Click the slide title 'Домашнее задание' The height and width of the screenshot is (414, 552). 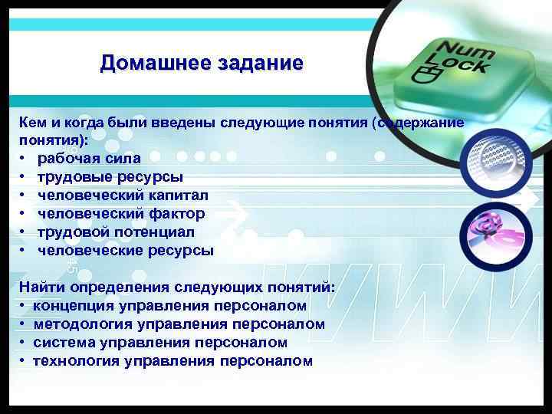[x=202, y=62]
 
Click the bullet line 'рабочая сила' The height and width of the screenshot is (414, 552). [x=89, y=158]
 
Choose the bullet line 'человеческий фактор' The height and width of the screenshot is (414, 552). [x=121, y=213]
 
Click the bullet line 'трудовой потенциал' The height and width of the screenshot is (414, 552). [x=116, y=232]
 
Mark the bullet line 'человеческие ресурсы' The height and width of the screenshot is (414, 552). [x=126, y=250]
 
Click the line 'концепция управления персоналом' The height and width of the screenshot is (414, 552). [x=169, y=306]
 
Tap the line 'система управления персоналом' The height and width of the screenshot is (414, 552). [x=160, y=343]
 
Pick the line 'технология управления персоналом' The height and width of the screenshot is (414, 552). [x=172, y=361]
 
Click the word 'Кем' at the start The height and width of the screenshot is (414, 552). [x=33, y=123]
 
